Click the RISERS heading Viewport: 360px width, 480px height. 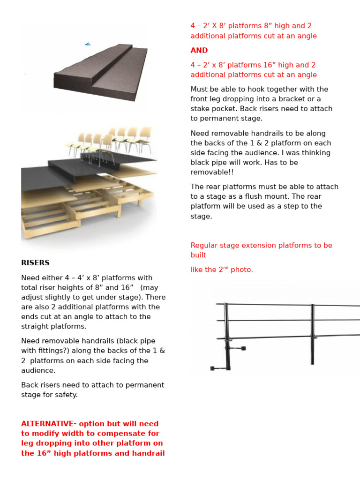[35, 262]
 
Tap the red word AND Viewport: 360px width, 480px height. [199, 50]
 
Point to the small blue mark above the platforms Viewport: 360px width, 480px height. [88, 45]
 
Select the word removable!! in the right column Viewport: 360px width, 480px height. [212, 172]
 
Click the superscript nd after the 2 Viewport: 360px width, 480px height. [226, 268]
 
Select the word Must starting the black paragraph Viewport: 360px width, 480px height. [200, 90]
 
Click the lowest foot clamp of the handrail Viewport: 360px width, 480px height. [220, 368]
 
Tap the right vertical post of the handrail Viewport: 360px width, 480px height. [312, 334]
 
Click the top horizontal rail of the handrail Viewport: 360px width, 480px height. [288, 305]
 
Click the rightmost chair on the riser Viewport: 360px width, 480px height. [144, 140]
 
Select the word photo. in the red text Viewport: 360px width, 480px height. [241, 270]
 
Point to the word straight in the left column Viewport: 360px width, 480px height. [34, 327]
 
